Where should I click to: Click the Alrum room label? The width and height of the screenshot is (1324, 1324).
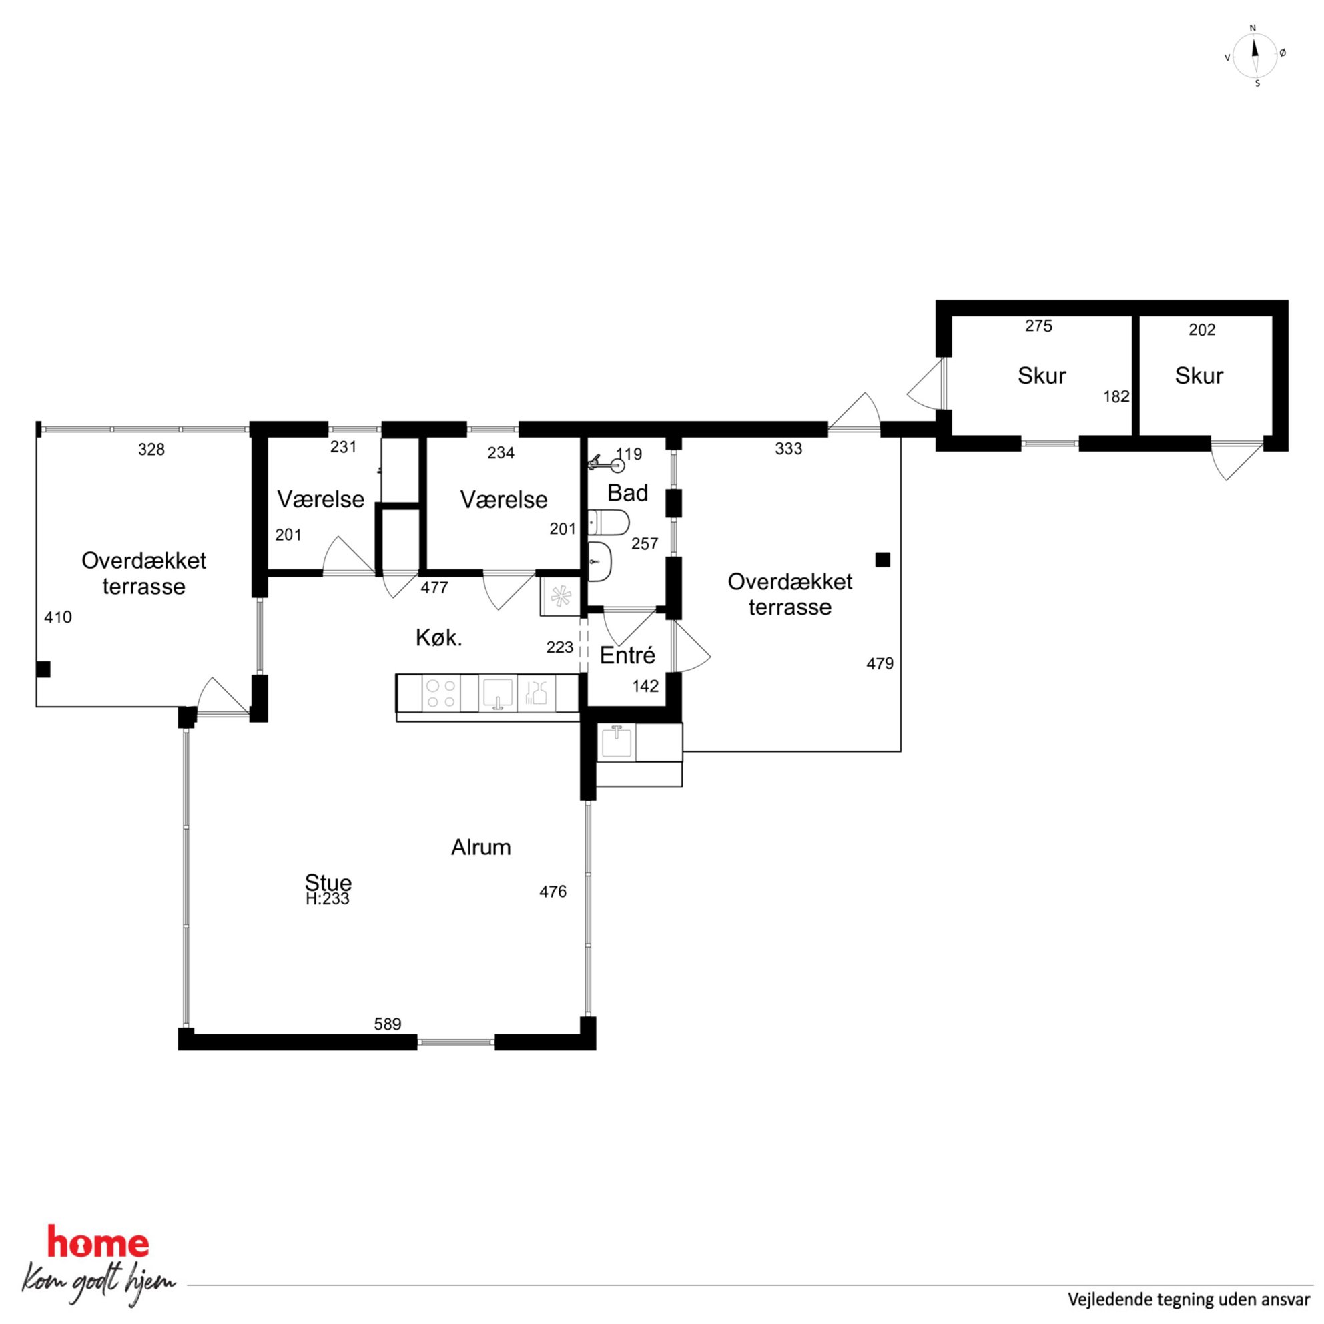click(x=480, y=847)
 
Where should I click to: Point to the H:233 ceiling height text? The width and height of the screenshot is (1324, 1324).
click(x=328, y=898)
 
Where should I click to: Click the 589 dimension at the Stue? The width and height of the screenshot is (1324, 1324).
click(x=387, y=1024)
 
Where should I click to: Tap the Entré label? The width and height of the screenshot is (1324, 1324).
click(x=627, y=656)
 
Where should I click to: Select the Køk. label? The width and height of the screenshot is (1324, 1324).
click(x=438, y=638)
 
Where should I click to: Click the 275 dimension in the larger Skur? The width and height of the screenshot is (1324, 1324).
click(x=1038, y=326)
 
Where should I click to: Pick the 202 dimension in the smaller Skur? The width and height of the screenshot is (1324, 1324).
click(x=1202, y=330)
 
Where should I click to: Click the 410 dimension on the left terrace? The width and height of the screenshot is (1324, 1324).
click(x=57, y=617)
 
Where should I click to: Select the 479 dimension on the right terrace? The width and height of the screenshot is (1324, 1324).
click(x=880, y=663)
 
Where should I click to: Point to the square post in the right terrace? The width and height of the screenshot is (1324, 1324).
click(x=883, y=560)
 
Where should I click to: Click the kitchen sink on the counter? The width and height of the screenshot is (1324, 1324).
click(x=498, y=693)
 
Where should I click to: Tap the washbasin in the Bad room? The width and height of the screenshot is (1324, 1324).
click(x=600, y=562)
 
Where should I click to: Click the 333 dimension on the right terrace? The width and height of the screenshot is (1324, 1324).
click(x=788, y=449)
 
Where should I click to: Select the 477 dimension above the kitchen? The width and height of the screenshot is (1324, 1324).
click(x=434, y=587)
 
